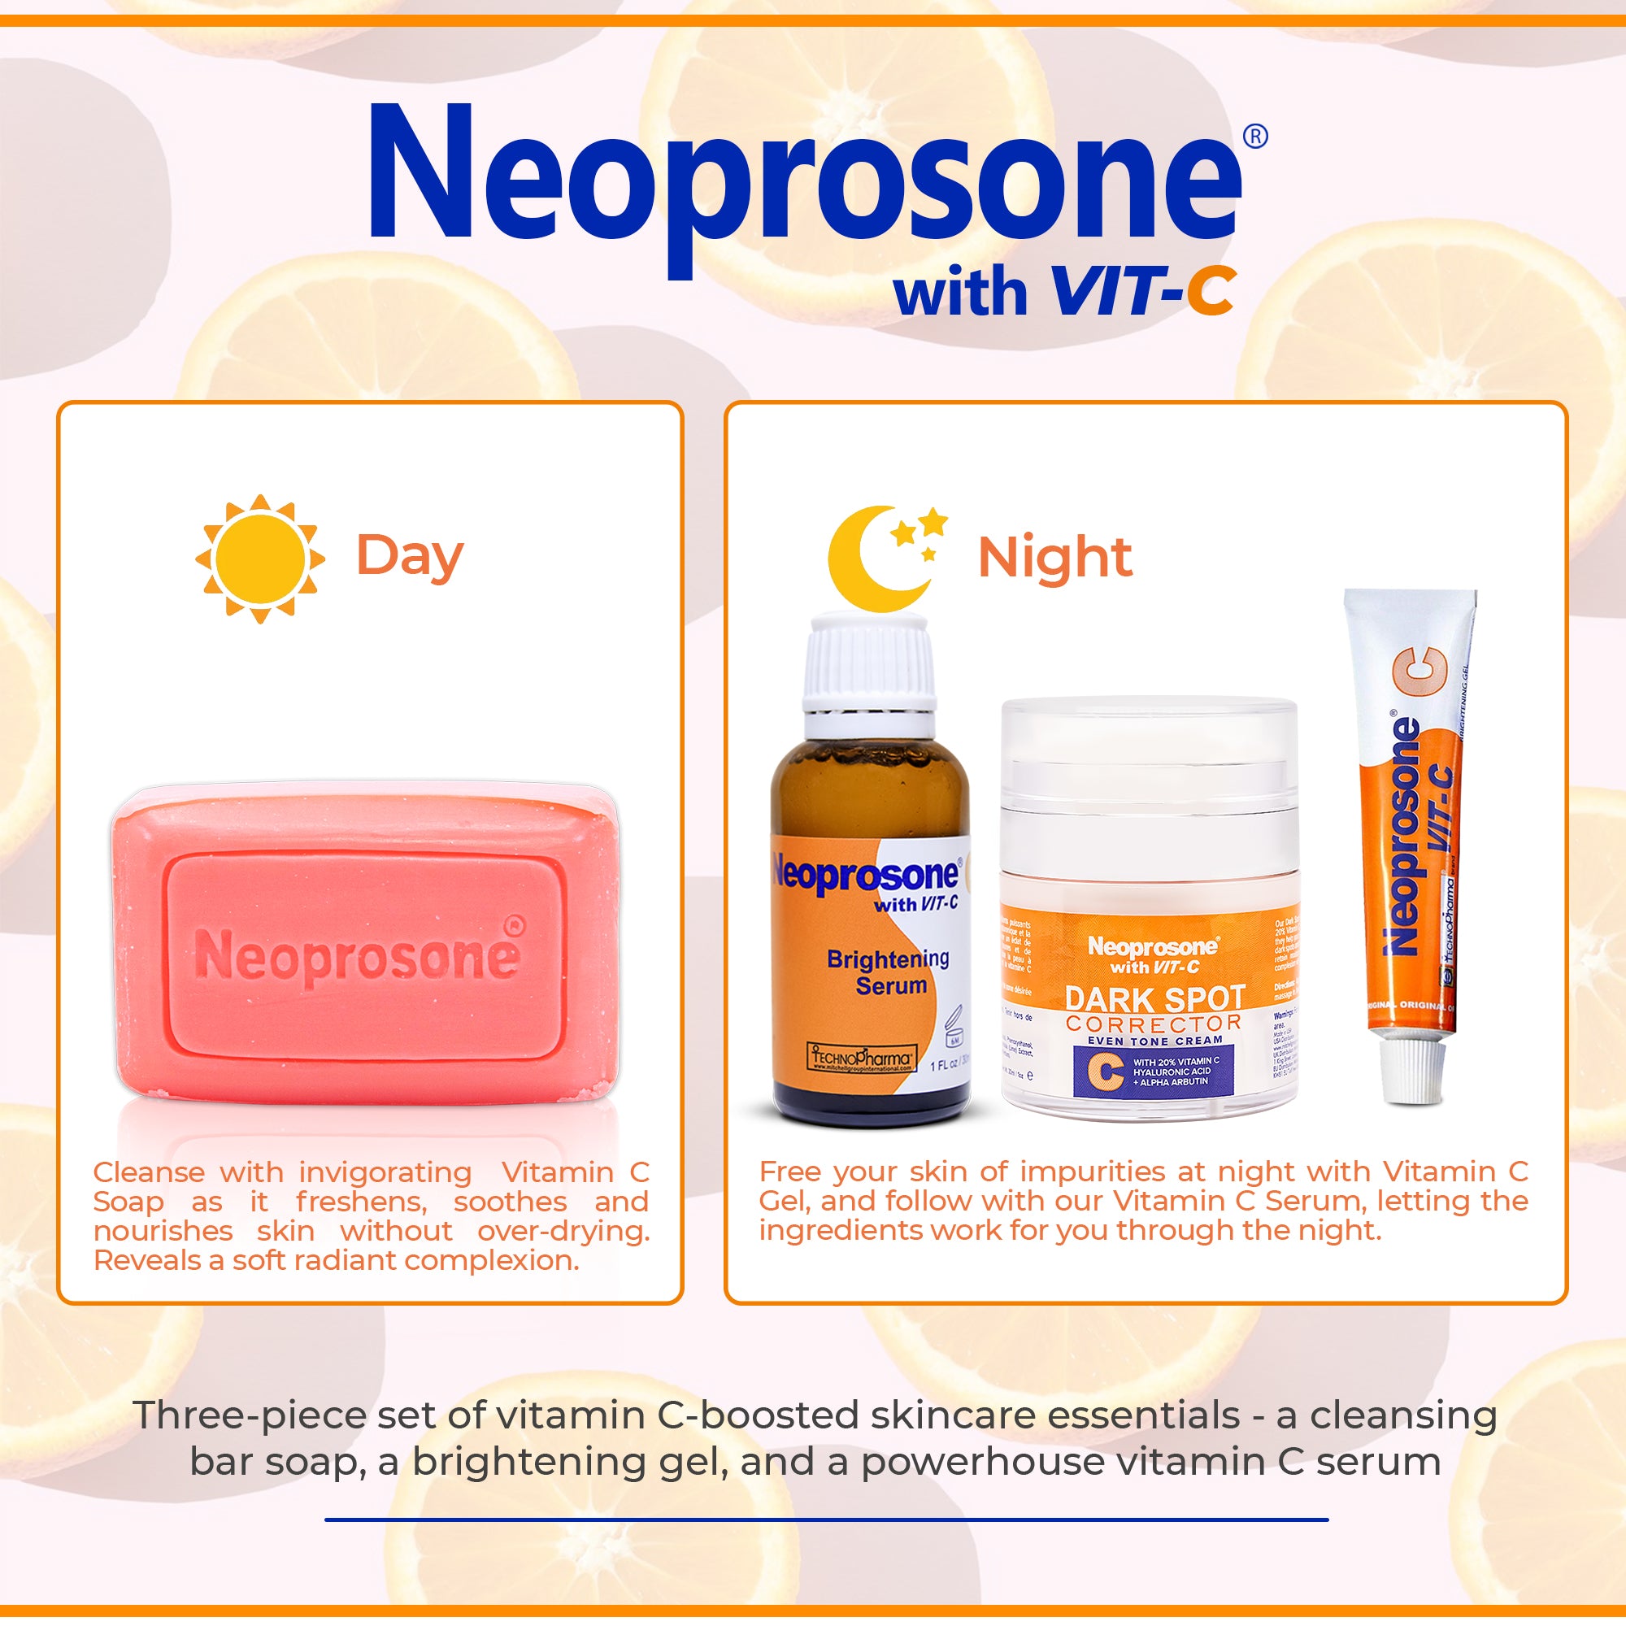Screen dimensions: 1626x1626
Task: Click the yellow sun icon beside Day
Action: click(259, 559)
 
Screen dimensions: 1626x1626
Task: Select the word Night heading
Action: click(1054, 557)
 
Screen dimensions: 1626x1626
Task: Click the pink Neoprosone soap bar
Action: click(365, 947)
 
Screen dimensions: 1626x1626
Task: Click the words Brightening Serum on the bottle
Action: click(889, 972)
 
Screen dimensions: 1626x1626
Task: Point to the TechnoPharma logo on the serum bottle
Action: click(861, 1057)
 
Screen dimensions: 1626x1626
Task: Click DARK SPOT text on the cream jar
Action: click(1154, 999)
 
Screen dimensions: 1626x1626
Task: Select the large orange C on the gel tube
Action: click(1420, 671)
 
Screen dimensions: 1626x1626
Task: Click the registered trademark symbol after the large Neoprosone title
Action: click(1254, 137)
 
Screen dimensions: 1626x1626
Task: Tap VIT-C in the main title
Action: click(1143, 292)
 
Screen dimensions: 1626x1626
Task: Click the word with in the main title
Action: click(960, 292)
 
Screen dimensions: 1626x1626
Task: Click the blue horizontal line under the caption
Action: click(827, 1520)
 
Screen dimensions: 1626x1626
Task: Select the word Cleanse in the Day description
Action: click(149, 1172)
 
